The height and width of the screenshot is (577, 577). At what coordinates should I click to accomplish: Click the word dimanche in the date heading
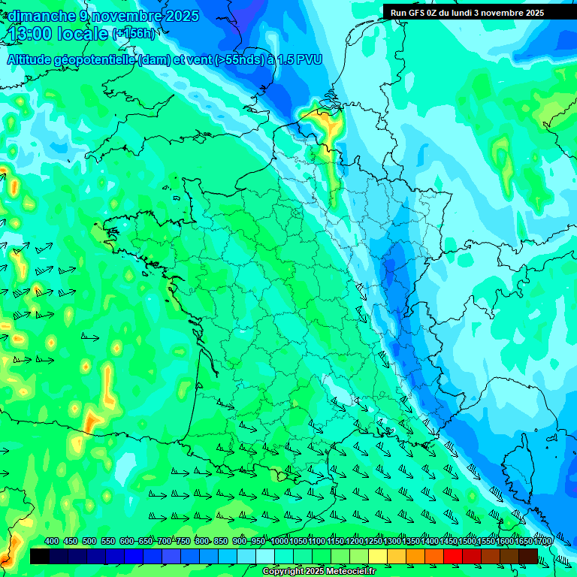(38, 16)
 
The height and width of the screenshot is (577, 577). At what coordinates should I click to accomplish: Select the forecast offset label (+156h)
(133, 34)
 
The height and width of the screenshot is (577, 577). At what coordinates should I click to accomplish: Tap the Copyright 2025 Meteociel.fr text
(320, 572)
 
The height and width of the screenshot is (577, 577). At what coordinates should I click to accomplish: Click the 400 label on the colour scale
(52, 542)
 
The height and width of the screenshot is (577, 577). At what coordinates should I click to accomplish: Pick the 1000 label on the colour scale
(279, 542)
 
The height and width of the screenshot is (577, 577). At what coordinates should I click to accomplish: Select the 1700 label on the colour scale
(542, 542)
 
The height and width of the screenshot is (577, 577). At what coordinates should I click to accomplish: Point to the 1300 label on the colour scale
(392, 542)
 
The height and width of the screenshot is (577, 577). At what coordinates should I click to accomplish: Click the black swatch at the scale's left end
(40, 556)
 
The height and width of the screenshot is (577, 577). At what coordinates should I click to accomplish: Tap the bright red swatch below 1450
(453, 556)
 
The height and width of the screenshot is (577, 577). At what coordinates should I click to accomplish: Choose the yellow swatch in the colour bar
(378, 556)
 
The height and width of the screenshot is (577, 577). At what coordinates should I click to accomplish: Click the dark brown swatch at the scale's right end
(528, 556)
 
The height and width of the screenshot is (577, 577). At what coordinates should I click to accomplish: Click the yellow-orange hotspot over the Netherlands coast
(325, 122)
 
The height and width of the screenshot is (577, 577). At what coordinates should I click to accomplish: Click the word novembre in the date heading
(128, 16)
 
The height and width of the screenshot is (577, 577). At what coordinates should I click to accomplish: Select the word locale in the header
(83, 34)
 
